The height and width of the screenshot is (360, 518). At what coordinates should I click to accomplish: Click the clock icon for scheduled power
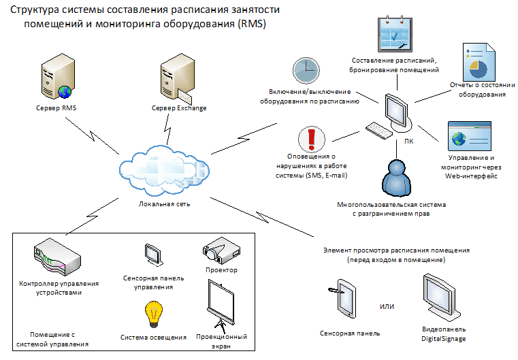point(306,71)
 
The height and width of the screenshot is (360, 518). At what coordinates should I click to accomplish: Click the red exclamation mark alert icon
point(312,139)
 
